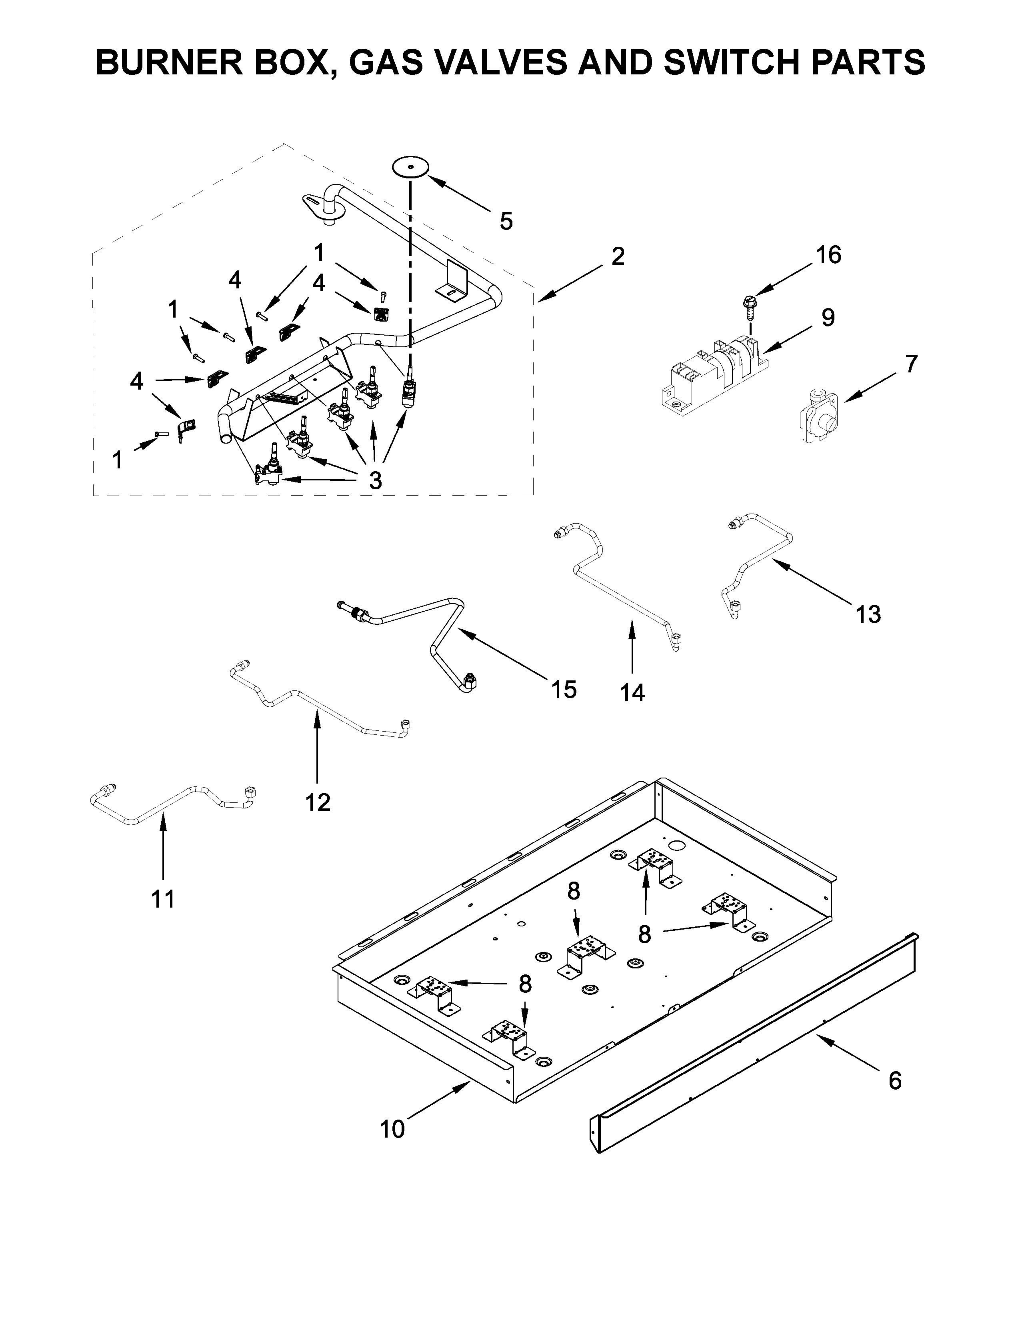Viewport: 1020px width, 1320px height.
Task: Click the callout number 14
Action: pyautogui.click(x=632, y=693)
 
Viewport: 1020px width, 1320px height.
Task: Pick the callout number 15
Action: pyautogui.click(x=563, y=689)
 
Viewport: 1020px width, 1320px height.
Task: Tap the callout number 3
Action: pyautogui.click(x=375, y=480)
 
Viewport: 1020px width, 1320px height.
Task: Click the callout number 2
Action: pyautogui.click(x=617, y=256)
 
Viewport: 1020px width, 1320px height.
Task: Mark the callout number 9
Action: pyautogui.click(x=828, y=317)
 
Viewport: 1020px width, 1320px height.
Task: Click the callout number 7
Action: pyautogui.click(x=911, y=364)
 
